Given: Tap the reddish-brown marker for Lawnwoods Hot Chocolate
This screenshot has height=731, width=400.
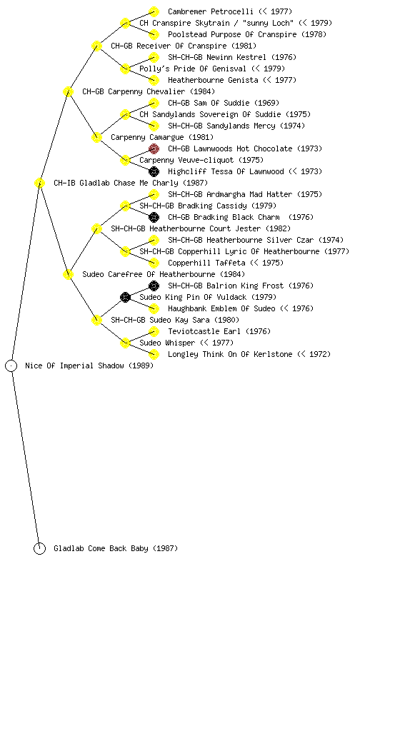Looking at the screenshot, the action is pos(154,148).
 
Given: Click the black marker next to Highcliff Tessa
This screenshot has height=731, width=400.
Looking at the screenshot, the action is pos(154,171).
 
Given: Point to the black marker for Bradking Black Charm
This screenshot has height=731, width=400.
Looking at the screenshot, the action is pos(154,217).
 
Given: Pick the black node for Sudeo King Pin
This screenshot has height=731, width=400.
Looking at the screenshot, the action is pos(125,297).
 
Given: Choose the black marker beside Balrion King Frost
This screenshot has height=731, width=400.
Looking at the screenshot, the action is pos(154,286).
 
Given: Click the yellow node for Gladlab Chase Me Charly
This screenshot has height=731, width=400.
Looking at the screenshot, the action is pos(39,183).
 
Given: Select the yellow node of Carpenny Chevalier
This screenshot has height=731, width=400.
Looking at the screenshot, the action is pos(68,92).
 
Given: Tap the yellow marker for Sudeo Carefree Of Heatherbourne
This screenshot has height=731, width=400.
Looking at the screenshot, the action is pos(68,275).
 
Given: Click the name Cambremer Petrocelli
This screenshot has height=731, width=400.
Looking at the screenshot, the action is pos(211,11).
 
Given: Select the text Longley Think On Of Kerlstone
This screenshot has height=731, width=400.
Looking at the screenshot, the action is pos(230,354).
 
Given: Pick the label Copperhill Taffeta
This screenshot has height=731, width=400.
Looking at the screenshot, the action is pos(206,263).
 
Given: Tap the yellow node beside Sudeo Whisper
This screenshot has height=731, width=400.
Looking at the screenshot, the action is pos(125,343).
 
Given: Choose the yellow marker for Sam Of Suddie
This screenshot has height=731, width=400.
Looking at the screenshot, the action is pos(154,103).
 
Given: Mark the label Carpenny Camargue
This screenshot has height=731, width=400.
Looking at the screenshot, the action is pos(147,138).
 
